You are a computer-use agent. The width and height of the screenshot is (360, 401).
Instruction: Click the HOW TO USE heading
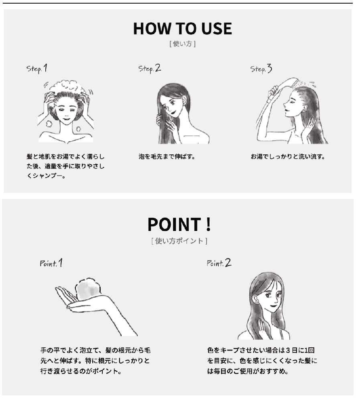182,28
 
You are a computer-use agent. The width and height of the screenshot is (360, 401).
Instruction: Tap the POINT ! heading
179,224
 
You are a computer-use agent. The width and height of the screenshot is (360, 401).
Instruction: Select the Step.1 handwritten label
37,68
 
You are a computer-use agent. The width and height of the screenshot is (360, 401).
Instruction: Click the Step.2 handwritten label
150,68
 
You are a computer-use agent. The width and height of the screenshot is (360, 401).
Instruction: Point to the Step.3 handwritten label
261,69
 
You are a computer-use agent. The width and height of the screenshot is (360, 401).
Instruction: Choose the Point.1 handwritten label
51,263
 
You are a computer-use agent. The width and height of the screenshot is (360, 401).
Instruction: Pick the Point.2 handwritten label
219,263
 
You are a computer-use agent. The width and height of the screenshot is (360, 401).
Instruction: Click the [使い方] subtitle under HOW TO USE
182,44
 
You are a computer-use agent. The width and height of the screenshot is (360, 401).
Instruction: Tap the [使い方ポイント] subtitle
179,241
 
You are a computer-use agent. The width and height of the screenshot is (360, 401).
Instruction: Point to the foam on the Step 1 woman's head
68,87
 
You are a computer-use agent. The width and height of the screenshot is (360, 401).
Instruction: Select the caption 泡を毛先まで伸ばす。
167,156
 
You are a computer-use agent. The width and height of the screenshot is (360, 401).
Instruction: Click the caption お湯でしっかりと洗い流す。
288,156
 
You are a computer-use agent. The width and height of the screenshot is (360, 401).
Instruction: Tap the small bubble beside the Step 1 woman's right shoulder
79,129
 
